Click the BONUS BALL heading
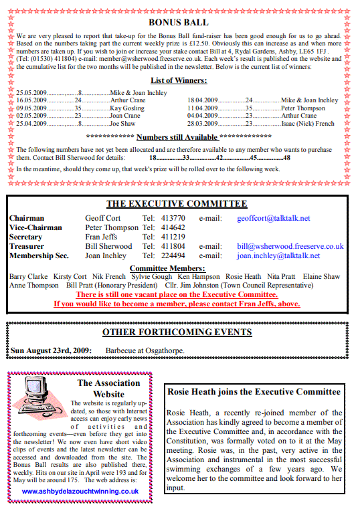point(179,23)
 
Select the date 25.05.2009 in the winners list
point(31,92)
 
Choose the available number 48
point(286,158)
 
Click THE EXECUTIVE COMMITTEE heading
point(177,204)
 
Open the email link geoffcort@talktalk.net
point(273,218)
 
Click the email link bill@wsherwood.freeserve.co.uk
point(290,246)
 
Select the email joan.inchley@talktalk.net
point(278,255)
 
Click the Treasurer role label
point(27,246)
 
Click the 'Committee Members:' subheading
point(176,268)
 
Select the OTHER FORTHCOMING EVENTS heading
point(177,332)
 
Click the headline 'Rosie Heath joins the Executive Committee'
point(254,392)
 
